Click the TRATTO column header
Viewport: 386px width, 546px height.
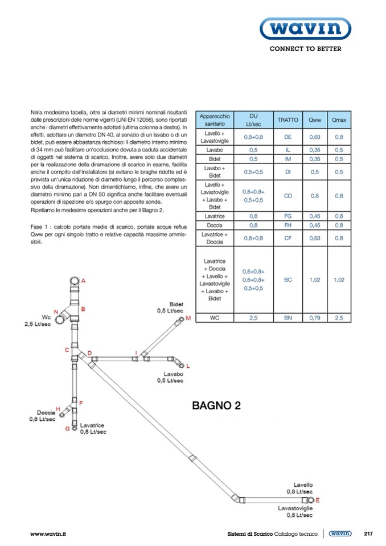288,120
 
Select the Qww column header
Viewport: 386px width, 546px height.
314,120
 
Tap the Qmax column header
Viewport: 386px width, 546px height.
339,120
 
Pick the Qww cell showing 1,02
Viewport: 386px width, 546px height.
314,280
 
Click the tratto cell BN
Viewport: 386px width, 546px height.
288,318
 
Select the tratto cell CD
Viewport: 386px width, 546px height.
288,196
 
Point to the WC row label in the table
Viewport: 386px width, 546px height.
215,318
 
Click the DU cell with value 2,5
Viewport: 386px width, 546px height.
253,318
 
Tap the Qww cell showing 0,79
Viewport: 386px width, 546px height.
314,318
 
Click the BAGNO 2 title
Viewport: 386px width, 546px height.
216,405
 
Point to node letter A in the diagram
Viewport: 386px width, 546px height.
83,281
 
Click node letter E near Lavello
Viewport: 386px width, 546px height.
318,500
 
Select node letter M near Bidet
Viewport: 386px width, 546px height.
188,318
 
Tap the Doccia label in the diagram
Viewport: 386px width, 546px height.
46,412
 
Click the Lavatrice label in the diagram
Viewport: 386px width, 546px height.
93,425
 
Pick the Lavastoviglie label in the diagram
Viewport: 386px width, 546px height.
295,508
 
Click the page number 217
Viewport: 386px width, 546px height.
368,534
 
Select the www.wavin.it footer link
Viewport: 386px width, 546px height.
48,534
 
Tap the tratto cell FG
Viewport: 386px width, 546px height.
288,216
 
